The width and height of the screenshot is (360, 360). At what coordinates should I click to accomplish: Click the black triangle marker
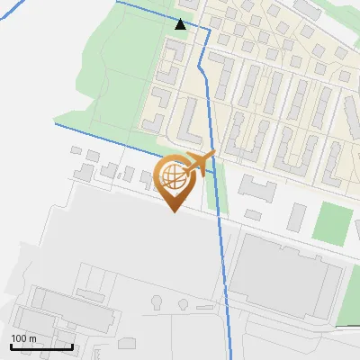tap(181, 24)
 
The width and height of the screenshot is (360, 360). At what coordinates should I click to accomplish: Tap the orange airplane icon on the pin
tap(197, 162)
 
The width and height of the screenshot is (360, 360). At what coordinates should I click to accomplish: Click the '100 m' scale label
tap(23, 337)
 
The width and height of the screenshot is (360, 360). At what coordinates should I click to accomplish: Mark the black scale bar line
tap(41, 346)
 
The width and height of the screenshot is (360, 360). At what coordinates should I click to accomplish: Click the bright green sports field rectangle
tap(333, 222)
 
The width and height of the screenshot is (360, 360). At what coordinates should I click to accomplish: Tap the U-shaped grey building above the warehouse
tap(258, 191)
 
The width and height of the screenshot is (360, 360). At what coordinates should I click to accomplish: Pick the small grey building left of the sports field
tap(298, 217)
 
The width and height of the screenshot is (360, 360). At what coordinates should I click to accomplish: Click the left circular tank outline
tap(157, 301)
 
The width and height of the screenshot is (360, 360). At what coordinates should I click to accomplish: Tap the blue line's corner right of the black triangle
tap(209, 29)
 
